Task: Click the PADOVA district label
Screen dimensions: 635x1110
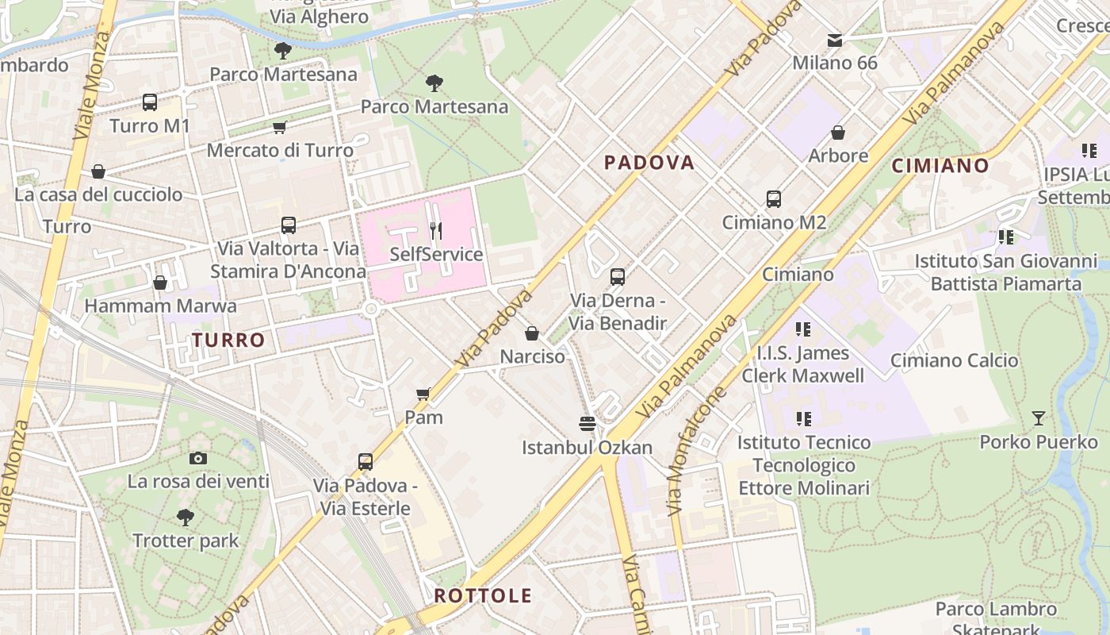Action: (x=649, y=163)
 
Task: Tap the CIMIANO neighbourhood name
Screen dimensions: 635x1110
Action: (x=940, y=166)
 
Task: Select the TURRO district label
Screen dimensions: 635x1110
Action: (x=228, y=341)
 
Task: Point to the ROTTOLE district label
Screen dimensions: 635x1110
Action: (x=482, y=596)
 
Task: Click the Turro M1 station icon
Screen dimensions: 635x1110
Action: (x=150, y=102)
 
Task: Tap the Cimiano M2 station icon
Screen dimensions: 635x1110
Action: (x=774, y=199)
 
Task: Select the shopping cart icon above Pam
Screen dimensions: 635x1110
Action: (x=423, y=394)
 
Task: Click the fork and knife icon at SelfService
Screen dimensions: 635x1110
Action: (x=435, y=231)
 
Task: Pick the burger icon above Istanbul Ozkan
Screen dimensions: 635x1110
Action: (x=587, y=424)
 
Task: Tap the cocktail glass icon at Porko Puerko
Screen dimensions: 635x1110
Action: (x=1038, y=418)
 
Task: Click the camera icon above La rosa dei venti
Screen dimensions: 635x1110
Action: (x=198, y=458)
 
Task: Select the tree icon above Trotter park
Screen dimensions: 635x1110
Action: (x=186, y=518)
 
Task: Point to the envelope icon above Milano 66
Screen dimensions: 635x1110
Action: (x=834, y=40)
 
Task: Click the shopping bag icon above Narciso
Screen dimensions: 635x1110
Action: (x=532, y=333)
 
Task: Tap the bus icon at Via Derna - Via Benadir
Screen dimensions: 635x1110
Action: (x=618, y=277)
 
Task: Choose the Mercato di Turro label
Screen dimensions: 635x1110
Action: (x=280, y=150)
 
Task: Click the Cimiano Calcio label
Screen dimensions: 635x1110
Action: (x=954, y=360)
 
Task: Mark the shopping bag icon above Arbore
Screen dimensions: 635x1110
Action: (x=838, y=133)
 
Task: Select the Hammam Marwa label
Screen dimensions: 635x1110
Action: (x=160, y=306)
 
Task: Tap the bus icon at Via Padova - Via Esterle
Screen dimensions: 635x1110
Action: (x=366, y=461)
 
